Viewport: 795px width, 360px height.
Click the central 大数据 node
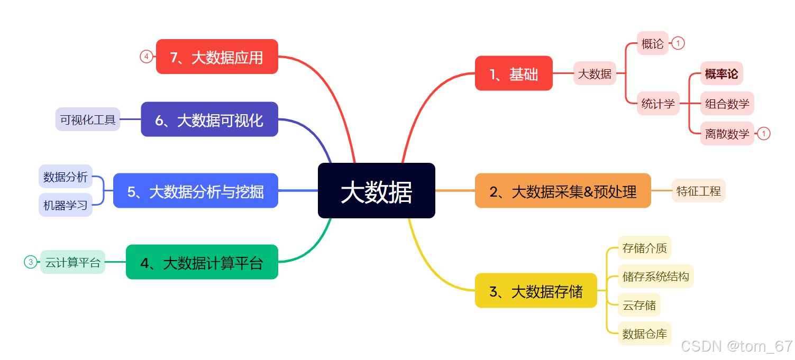tap(376, 190)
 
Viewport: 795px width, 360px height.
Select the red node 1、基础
tap(514, 73)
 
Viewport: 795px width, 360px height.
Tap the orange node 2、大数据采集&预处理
tap(563, 191)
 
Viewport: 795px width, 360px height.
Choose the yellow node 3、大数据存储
tap(536, 291)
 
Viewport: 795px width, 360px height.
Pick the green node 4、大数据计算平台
tap(202, 262)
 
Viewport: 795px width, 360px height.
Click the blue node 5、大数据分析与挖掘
tap(195, 191)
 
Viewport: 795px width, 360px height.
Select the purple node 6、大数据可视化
tap(209, 119)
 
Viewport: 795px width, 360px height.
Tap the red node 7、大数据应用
tap(217, 57)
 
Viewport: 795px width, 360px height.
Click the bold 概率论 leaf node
tap(721, 73)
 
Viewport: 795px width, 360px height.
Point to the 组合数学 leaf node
tap(727, 104)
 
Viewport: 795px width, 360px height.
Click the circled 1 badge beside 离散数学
tap(763, 134)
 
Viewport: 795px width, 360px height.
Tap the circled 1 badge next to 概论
tap(678, 43)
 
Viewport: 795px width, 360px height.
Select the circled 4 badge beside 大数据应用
tap(147, 57)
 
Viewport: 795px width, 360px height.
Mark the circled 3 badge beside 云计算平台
tap(31, 262)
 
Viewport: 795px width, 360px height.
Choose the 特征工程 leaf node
tap(698, 191)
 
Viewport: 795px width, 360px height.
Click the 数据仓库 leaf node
tap(644, 334)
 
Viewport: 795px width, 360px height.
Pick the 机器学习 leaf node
tap(66, 205)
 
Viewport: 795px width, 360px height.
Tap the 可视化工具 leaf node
tap(88, 119)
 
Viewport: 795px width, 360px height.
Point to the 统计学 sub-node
tap(658, 104)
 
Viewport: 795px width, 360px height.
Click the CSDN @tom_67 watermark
tap(736, 346)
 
